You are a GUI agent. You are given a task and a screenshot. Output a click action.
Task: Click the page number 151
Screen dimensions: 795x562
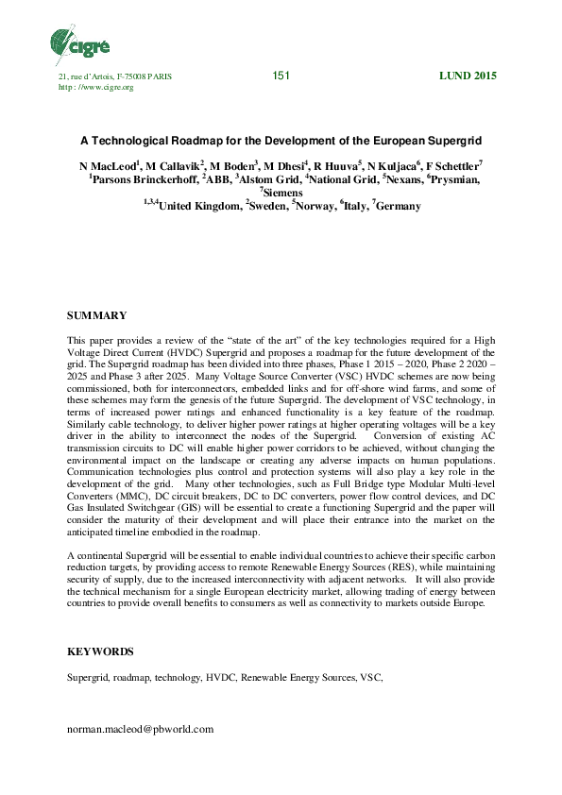coord(281,76)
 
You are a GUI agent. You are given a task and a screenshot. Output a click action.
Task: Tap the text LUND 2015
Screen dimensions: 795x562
coord(468,76)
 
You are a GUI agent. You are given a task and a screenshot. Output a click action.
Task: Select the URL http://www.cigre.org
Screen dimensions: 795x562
coord(96,87)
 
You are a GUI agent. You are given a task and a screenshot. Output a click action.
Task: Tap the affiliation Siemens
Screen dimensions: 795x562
coord(283,192)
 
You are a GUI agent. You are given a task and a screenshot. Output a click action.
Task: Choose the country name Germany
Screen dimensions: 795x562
coord(397,205)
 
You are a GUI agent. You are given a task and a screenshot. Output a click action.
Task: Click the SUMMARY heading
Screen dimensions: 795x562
coord(96,314)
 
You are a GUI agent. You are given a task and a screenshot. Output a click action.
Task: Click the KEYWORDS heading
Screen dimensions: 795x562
coord(100,651)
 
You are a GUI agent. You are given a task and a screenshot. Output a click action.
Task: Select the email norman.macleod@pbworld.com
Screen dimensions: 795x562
coord(141,729)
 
